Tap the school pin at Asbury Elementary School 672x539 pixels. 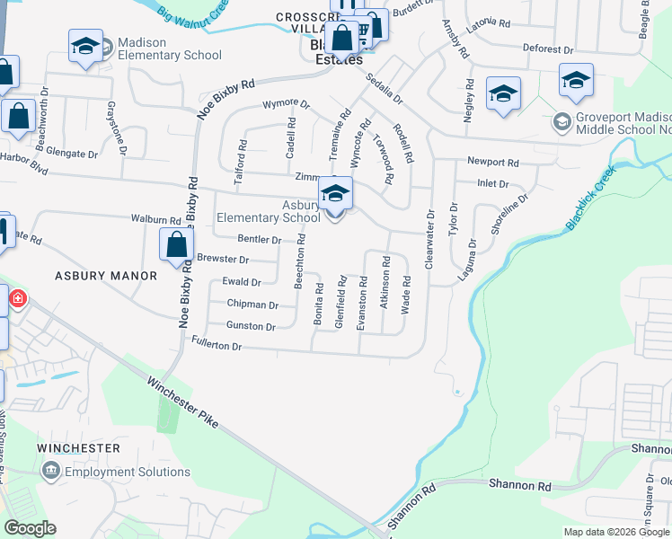(x=335, y=193)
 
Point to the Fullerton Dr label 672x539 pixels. (x=217, y=345)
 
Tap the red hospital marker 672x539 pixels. (x=17, y=298)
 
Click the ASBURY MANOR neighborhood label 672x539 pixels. (x=100, y=275)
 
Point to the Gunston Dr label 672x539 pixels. (x=251, y=326)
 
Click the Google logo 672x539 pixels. (x=30, y=528)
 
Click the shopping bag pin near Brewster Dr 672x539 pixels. (x=176, y=244)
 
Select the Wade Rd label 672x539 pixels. (x=406, y=294)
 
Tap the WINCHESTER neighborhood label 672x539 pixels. (x=79, y=448)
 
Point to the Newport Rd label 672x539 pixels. (x=493, y=163)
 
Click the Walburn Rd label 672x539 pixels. (x=155, y=219)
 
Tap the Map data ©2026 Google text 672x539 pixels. (x=615, y=532)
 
